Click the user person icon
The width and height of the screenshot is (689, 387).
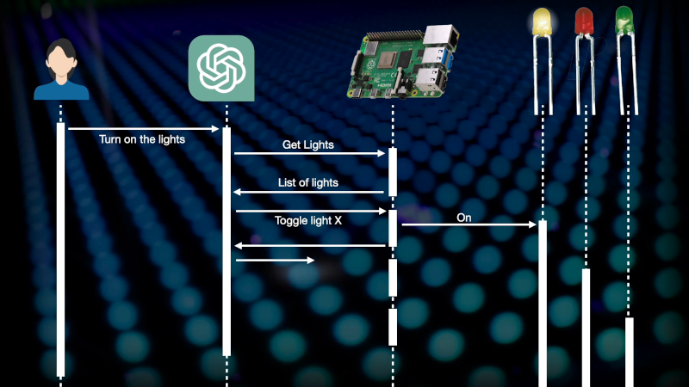(x=60, y=71)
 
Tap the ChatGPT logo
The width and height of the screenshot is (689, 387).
(x=221, y=68)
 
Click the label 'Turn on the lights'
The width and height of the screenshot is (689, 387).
(x=142, y=140)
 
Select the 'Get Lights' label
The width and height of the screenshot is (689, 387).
(x=307, y=145)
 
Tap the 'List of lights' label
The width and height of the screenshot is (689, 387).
(x=308, y=182)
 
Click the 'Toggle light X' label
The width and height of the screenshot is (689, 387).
(x=307, y=220)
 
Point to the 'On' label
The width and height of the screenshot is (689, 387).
(x=464, y=218)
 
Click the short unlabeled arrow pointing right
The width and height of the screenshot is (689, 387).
(x=274, y=260)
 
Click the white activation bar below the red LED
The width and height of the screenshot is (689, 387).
(x=586, y=327)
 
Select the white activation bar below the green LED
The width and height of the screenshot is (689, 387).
(x=629, y=352)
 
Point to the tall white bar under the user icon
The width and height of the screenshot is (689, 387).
(x=60, y=249)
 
